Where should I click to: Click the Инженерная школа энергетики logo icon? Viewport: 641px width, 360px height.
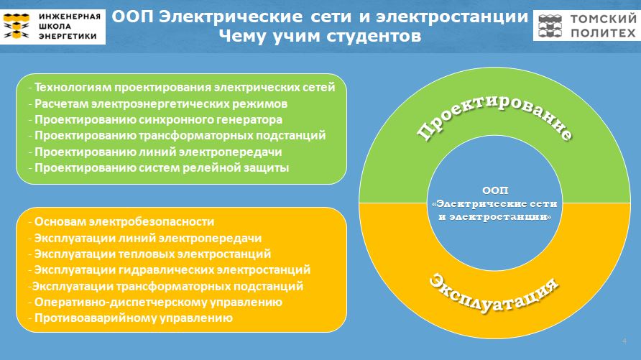pyautogui.click(x=17, y=26)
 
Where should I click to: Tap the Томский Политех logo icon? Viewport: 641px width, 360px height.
pyautogui.click(x=550, y=26)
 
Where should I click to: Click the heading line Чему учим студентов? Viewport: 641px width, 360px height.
pyautogui.click(x=320, y=36)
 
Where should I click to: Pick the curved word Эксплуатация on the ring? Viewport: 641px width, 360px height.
pyautogui.click(x=494, y=294)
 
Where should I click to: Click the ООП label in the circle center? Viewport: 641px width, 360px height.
pyautogui.click(x=495, y=190)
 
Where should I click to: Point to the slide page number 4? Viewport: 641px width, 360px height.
pyautogui.click(x=624, y=341)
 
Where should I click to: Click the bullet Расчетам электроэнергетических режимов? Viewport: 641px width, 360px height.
pyautogui.click(x=158, y=103)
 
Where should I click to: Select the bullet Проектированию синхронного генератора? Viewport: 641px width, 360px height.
pyautogui.click(x=155, y=120)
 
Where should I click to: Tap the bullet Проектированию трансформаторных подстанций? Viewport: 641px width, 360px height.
pyautogui.click(x=177, y=135)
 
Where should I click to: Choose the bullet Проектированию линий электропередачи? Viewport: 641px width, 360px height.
pyautogui.click(x=155, y=152)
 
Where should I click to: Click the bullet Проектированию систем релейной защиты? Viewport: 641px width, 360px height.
pyautogui.click(x=159, y=167)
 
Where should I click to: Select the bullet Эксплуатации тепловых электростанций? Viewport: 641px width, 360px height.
pyautogui.click(x=149, y=254)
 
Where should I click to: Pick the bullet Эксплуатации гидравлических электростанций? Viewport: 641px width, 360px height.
pyautogui.click(x=170, y=269)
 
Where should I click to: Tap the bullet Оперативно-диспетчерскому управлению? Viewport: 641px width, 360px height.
pyautogui.click(x=155, y=302)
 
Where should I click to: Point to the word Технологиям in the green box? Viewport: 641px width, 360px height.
pyautogui.click(x=73, y=88)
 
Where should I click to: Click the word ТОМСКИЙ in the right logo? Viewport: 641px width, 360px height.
pyautogui.click(x=604, y=19)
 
